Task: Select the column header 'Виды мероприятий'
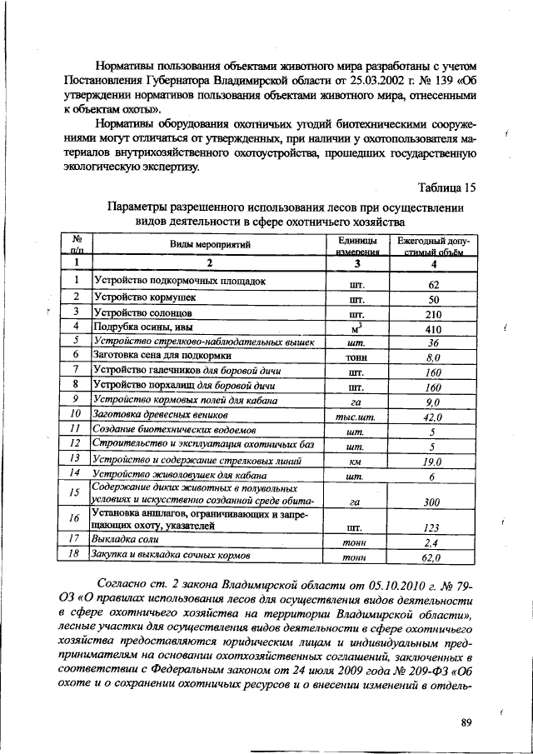[x=211, y=244]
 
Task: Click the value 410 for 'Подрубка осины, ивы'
[x=433, y=328]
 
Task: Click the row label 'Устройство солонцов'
[x=144, y=312]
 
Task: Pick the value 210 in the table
[x=433, y=314]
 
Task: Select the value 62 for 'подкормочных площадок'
[x=433, y=284]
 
